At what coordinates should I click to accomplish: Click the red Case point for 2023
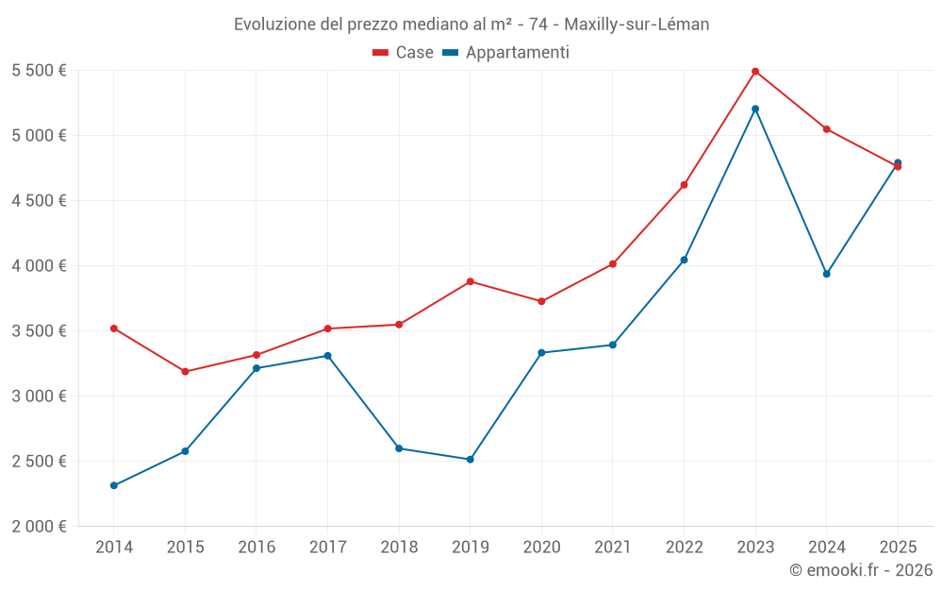coord(755,72)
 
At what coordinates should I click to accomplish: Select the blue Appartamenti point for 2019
coord(471,460)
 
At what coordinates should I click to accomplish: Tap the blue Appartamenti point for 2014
coord(114,485)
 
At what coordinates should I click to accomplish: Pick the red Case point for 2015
coord(185,372)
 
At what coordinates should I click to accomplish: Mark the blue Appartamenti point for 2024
coord(826,274)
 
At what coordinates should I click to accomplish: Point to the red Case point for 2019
coord(471,281)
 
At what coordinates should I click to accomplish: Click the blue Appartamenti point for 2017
coord(327,356)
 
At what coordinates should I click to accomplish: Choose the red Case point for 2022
coord(684,185)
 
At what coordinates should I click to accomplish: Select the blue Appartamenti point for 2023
coord(755,109)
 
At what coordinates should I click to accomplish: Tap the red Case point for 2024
coord(826,129)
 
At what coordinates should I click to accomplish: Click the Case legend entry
coord(404,53)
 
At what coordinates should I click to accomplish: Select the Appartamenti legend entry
coord(506,53)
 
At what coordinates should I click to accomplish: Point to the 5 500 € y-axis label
coord(39,71)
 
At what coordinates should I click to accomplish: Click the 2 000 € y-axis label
coord(39,527)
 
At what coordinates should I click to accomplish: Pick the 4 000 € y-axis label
coord(39,266)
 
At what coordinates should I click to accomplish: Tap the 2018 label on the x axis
coord(399,547)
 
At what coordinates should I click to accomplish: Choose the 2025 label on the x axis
coord(898,547)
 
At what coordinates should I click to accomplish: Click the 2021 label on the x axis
coord(613,547)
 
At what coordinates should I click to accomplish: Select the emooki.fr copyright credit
coord(861,570)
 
